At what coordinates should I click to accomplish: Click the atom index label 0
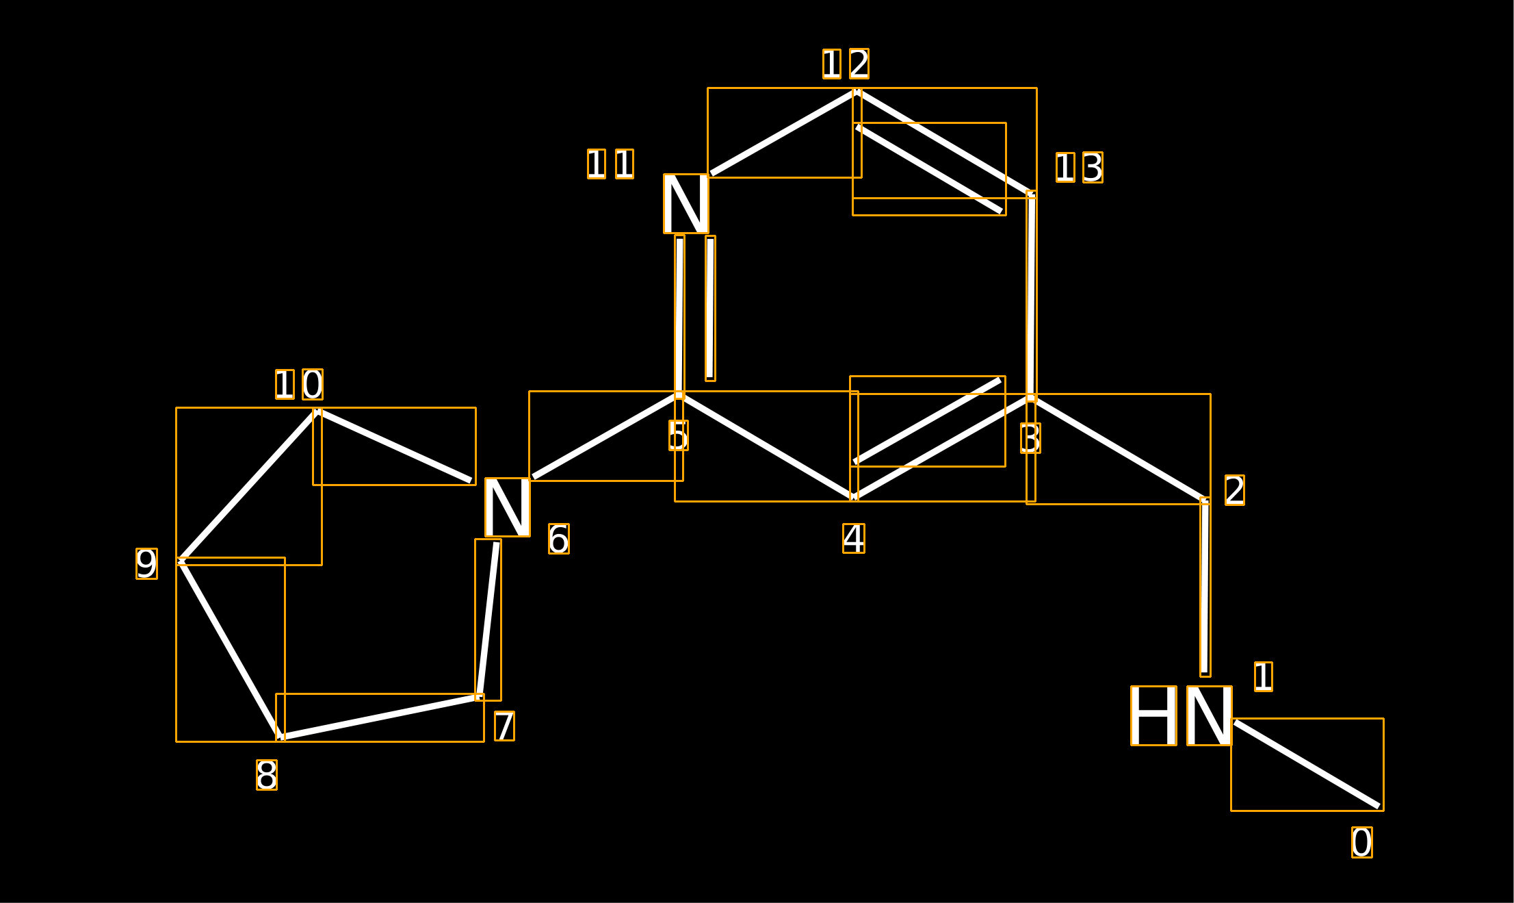pos(1361,842)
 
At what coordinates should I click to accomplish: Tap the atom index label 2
pos(1234,490)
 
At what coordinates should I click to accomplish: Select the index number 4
pos(854,538)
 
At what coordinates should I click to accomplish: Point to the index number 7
pos(504,726)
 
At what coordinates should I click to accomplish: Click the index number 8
pos(267,775)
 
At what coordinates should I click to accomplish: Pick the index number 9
pos(146,563)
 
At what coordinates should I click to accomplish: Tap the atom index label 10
pos(299,385)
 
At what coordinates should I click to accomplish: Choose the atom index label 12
pos(846,64)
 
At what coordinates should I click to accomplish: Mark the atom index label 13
pos(1080,168)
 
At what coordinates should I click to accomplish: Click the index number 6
pos(558,539)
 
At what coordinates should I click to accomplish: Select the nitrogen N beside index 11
pos(686,203)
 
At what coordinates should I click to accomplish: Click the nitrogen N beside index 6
pos(507,507)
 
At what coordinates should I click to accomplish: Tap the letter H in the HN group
pos(1153,715)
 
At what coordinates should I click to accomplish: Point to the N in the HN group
pos(1210,715)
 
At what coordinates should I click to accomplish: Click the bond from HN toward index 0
pos(1307,764)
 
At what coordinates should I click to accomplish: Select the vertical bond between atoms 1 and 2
pos(1205,587)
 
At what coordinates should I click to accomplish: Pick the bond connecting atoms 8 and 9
pos(231,650)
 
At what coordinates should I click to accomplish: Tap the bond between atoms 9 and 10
pos(249,486)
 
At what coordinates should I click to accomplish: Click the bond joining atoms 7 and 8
pos(380,717)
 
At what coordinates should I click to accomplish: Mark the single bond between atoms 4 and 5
pos(766,446)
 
